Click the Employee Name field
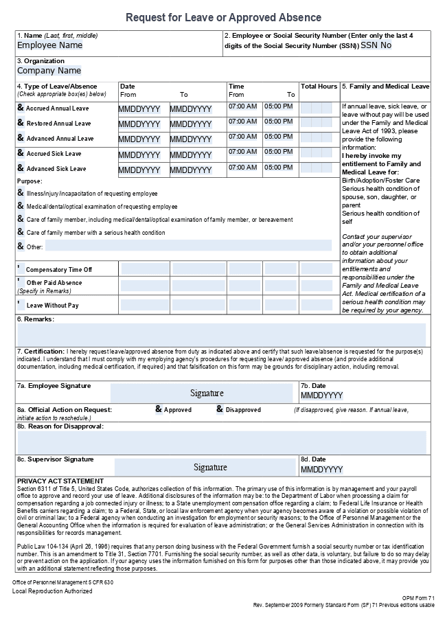pos(49,45)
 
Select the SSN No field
pos(376,45)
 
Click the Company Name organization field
pos(49,70)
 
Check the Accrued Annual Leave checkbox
pos(21,108)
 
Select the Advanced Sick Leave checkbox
pos(21,168)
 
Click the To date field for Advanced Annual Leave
pos(191,139)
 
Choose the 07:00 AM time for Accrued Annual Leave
pos(242,106)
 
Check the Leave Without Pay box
pos(19,303)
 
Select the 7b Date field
pos(321,396)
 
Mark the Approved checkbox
pos(159,409)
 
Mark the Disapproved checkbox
pos(220,409)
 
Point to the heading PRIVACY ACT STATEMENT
pos(60,481)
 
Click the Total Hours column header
pos(319,87)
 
